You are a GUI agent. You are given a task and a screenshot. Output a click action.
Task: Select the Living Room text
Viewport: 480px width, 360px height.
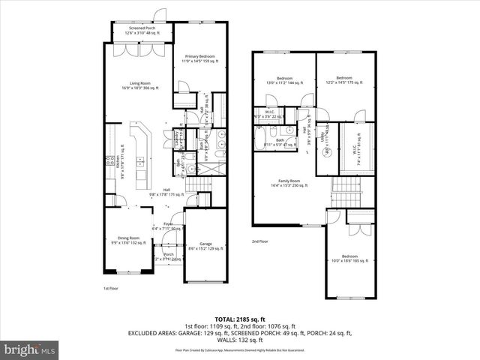point(141,85)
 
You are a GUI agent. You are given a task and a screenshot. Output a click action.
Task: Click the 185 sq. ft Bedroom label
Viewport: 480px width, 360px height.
point(350,259)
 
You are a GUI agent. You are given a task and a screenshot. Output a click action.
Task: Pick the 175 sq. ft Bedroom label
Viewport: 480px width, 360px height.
point(344,80)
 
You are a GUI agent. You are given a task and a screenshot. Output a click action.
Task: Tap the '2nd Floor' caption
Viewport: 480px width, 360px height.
point(259,241)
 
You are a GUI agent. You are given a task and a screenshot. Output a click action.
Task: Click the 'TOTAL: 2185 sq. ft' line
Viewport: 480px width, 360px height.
point(239,319)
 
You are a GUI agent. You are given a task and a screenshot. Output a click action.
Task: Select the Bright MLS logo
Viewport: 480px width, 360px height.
point(30,349)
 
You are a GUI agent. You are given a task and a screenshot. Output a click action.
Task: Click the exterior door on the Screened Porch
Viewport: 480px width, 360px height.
point(159,15)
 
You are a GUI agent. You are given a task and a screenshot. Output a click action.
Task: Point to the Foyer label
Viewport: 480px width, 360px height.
point(159,225)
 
